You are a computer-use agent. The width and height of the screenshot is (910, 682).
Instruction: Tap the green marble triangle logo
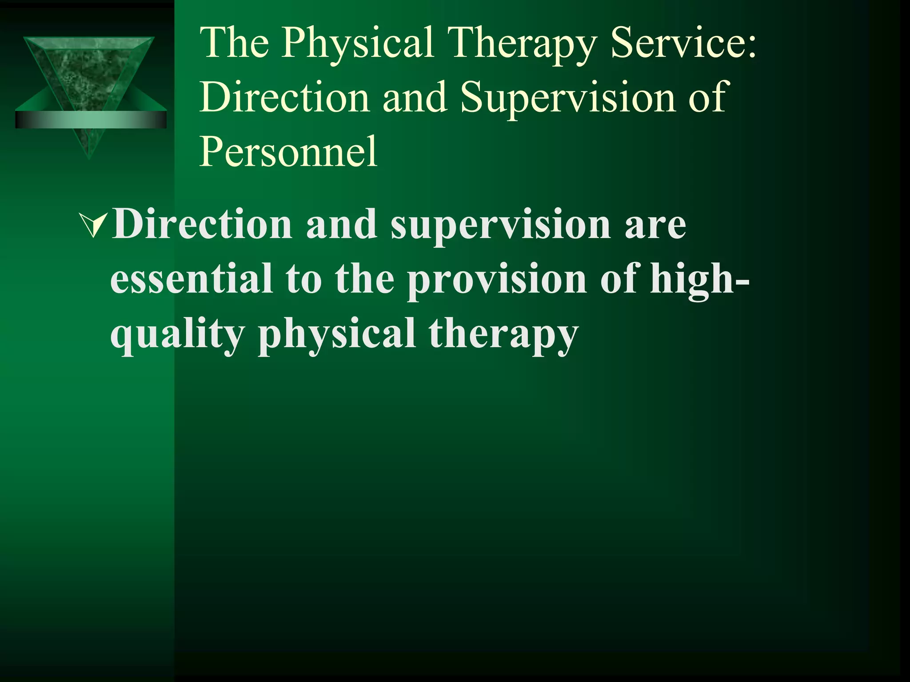(89, 71)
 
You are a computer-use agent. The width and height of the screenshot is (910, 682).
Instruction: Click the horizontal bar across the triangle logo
(91, 120)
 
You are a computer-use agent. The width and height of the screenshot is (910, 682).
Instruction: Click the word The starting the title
(235, 43)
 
